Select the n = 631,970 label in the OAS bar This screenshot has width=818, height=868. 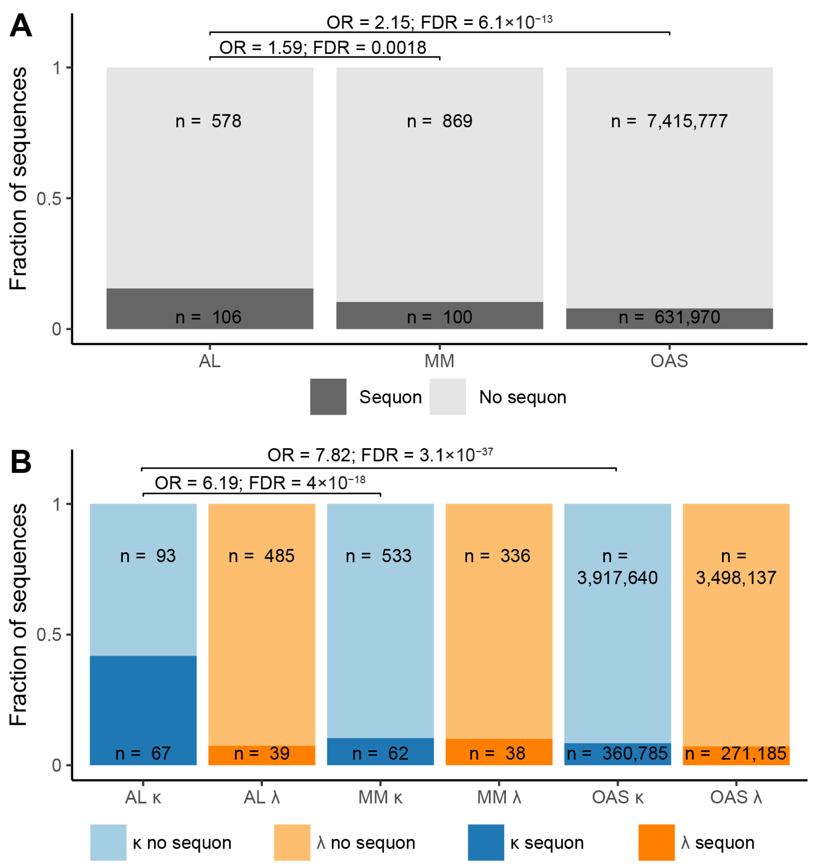669,317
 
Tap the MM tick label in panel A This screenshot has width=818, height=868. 439,361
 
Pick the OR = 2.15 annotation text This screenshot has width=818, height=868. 439,22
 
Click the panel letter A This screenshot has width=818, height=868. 21,26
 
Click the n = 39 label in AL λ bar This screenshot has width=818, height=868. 262,753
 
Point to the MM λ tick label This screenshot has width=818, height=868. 499,797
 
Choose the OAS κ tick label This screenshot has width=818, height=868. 617,797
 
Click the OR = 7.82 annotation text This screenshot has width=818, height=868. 380,455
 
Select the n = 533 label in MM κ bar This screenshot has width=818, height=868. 378,556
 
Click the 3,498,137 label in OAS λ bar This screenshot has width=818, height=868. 736,578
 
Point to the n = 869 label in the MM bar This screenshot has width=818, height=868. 439,121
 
